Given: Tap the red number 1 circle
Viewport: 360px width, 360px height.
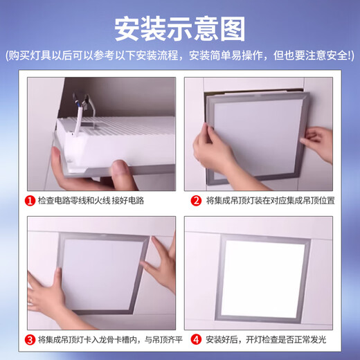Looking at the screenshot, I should tap(30, 201).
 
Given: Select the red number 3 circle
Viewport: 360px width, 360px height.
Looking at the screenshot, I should tap(30, 339).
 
